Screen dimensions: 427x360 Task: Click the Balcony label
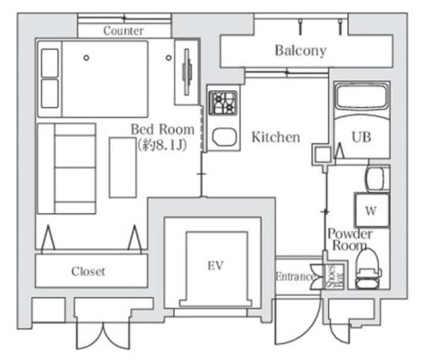(300, 50)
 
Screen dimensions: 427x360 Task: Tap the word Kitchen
(276, 137)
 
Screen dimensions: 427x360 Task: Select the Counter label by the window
(123, 31)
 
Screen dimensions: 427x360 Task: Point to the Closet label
(88, 271)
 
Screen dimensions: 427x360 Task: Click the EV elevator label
(215, 266)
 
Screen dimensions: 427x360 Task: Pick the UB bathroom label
(361, 137)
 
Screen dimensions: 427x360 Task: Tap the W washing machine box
(372, 210)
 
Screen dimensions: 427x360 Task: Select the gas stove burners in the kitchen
(223, 103)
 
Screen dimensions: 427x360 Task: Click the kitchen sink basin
(224, 136)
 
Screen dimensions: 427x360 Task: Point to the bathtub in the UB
(361, 97)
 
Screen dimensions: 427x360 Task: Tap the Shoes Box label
(335, 276)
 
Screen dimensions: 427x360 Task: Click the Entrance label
(294, 276)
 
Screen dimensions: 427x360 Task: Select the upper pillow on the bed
(50, 63)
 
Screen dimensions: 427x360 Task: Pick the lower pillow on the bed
(50, 93)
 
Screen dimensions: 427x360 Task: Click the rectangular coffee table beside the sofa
(123, 167)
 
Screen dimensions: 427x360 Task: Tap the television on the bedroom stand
(187, 72)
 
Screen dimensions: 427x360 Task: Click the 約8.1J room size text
(162, 145)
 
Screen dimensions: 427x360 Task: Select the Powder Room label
(350, 240)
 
